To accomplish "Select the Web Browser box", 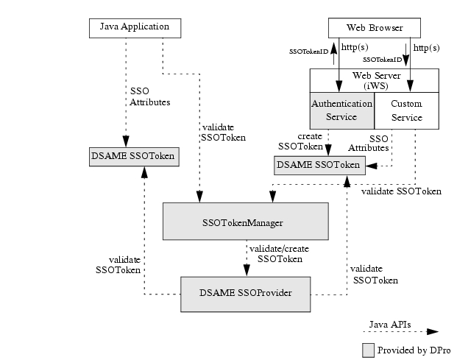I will coord(375,28).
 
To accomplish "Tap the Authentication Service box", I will coord(341,110).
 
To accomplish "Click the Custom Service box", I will coord(406,110).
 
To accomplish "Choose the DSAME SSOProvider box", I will coord(245,293).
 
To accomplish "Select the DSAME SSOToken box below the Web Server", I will coord(319,166).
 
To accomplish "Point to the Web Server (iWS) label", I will coord(374,80).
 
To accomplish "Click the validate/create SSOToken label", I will coord(279,254).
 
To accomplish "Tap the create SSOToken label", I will coord(300,141).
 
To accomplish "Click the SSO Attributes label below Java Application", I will coord(149,96).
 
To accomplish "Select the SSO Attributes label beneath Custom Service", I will coord(378,144).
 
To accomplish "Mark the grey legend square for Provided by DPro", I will coord(368,350).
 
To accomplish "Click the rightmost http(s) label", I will coord(427,47).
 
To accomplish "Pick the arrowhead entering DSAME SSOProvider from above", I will coord(244,271).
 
